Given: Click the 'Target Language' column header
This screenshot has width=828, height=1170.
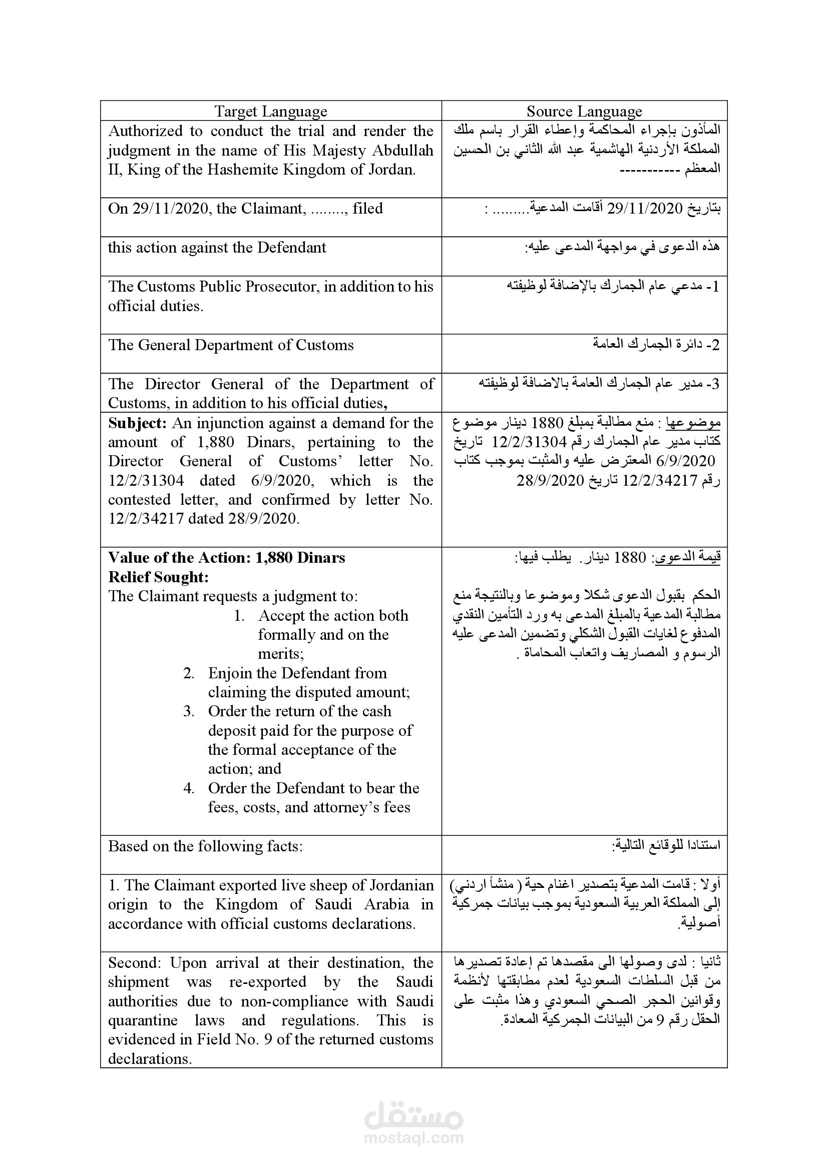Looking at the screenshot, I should tap(270, 111).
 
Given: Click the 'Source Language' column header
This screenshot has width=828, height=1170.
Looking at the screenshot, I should tap(584, 111).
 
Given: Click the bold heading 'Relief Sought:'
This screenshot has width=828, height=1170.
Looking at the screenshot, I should tap(159, 577).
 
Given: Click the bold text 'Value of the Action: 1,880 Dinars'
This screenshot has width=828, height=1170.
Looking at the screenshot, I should tap(226, 557).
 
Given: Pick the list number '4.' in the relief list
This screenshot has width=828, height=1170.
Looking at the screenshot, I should tap(189, 788).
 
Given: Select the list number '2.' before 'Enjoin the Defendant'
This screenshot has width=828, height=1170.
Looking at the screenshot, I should tap(189, 673).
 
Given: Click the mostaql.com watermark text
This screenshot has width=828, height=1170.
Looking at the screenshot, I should tap(413, 1137).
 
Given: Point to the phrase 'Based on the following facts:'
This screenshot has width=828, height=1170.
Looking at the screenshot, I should tap(205, 846).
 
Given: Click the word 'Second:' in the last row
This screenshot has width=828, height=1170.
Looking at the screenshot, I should tap(135, 963).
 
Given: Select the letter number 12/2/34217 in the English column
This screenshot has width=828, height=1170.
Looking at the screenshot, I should tap(146, 519).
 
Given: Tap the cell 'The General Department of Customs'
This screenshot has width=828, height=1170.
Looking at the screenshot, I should tap(230, 345).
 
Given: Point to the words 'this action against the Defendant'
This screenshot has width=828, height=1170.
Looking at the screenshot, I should tap(217, 248).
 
